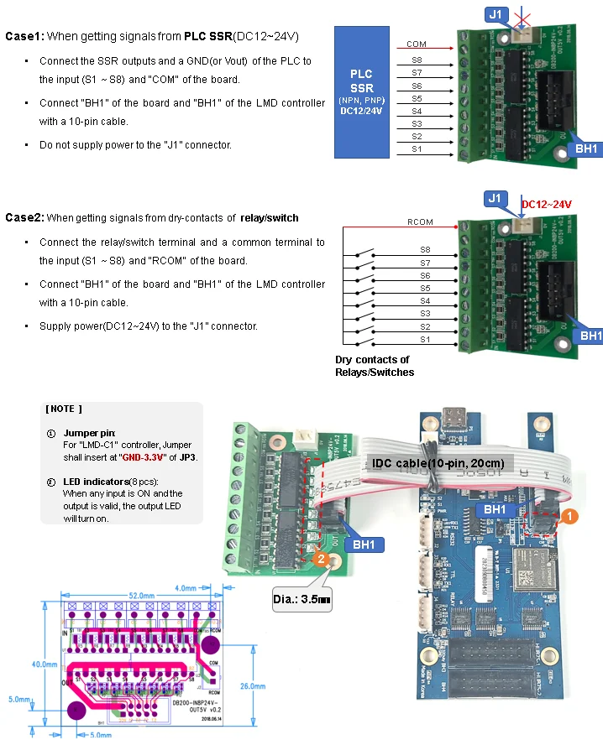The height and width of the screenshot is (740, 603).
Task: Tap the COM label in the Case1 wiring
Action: coord(416,44)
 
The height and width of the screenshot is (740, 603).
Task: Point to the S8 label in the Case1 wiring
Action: coord(417,60)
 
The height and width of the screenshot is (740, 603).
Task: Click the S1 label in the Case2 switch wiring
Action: coord(425,339)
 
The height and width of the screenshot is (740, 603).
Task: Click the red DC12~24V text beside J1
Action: coord(546,204)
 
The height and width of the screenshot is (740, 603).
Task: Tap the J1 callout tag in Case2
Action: coord(496,199)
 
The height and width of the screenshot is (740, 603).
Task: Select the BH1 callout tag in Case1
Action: coord(586,149)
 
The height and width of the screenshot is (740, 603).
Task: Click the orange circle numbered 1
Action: coord(569,517)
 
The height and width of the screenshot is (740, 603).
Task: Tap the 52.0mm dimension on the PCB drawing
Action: coord(142,595)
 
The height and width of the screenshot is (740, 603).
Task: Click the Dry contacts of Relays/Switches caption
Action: coord(375,366)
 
